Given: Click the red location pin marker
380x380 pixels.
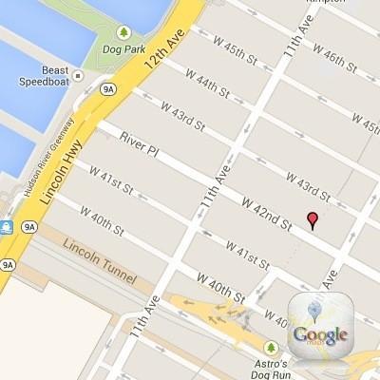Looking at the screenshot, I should (313, 220).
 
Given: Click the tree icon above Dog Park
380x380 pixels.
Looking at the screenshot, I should (123, 34).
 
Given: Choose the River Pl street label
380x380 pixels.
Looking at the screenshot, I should (139, 142).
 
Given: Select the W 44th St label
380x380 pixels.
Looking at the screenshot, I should (210, 84).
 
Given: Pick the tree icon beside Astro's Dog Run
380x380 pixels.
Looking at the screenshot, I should (272, 348).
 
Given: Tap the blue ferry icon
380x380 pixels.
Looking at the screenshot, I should (6, 227).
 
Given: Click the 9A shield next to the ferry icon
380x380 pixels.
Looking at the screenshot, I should (29, 227).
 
